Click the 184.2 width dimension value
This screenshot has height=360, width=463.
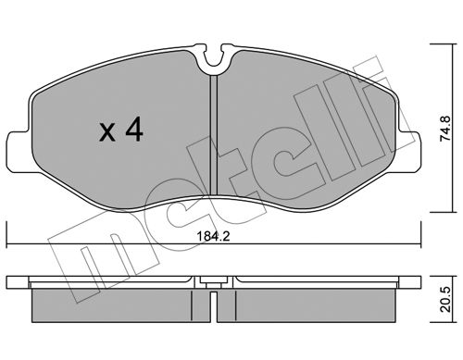[213, 237]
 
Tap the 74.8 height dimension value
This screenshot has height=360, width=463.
[445, 129]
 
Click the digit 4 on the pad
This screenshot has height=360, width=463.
[134, 130]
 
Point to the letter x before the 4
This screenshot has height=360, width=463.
[107, 132]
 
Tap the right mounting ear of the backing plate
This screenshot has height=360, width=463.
[408, 151]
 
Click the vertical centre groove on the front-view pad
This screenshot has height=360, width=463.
[214, 135]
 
